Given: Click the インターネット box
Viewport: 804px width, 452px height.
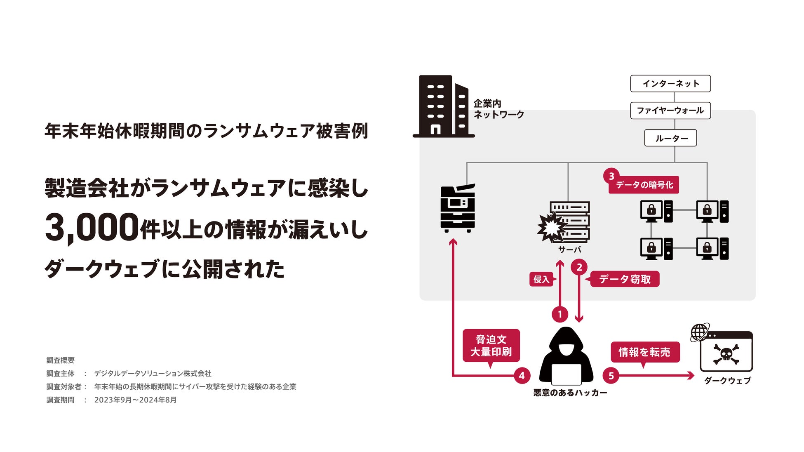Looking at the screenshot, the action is click(670, 83).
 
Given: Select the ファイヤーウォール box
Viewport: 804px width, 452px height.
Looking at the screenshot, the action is click(670, 111).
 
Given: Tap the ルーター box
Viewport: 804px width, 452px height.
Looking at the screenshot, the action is click(670, 138).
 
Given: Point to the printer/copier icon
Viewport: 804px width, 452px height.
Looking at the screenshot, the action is click(458, 208).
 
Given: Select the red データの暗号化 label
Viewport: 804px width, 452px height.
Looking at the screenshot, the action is click(644, 185).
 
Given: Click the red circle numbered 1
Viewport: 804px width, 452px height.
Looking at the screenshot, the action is click(560, 315).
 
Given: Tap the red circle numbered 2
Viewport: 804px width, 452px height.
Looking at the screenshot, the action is click(579, 267).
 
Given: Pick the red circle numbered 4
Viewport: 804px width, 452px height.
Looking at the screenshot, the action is click(522, 376).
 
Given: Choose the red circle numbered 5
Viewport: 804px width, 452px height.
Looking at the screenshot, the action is click(611, 376).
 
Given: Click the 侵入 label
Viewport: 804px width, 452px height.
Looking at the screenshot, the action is click(541, 279).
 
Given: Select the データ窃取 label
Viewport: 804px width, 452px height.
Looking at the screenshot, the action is click(625, 279).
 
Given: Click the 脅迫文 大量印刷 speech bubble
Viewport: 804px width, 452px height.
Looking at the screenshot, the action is click(491, 346).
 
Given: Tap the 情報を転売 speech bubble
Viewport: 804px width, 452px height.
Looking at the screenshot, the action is click(644, 352).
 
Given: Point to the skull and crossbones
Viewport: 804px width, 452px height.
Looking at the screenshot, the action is click(726, 354).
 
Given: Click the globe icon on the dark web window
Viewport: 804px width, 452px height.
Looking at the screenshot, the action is click(699, 332).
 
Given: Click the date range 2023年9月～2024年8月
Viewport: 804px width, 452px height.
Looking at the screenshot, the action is click(135, 400).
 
